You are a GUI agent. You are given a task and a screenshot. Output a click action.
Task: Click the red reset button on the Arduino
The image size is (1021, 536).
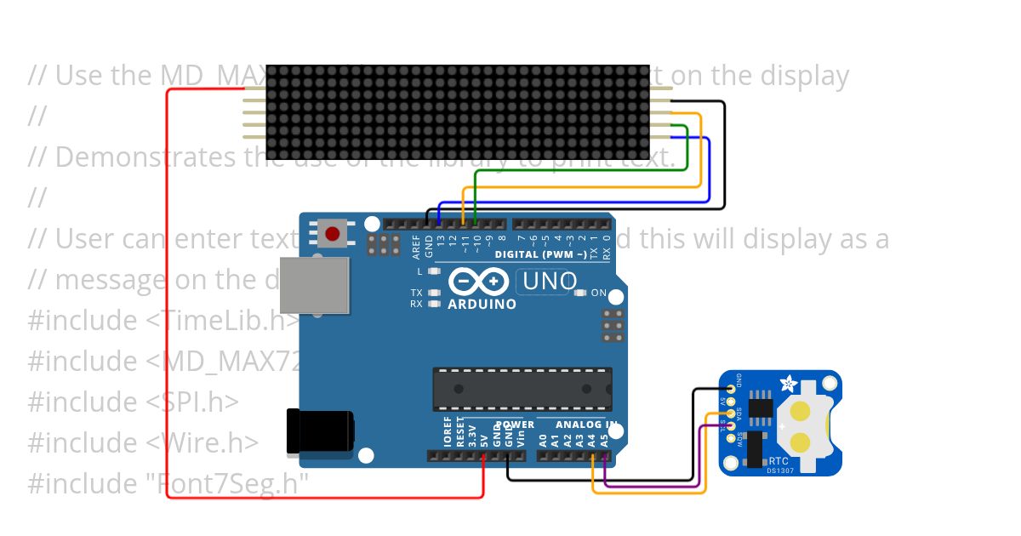click(x=333, y=233)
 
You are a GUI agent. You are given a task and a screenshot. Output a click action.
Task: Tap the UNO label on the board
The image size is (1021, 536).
click(x=549, y=281)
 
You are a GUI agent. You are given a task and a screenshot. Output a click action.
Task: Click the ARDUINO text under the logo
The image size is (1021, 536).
click(x=482, y=304)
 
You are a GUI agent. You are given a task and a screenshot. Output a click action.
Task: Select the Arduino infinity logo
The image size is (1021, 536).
click(x=481, y=282)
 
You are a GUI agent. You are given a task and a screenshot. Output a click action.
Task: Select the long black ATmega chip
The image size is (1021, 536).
click(x=522, y=389)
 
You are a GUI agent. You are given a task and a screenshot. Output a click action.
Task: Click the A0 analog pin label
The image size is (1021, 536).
click(x=543, y=440)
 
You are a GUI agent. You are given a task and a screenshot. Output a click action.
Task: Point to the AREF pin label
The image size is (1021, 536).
click(x=416, y=246)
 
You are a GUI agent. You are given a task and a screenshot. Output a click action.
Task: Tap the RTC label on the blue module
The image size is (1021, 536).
click(x=779, y=459)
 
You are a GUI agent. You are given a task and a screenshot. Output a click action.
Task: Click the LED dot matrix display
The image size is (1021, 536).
click(x=458, y=111)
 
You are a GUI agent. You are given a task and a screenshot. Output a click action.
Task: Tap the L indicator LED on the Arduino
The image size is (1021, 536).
click(x=435, y=271)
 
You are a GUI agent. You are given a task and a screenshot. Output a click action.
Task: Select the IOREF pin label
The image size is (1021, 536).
click(x=448, y=432)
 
